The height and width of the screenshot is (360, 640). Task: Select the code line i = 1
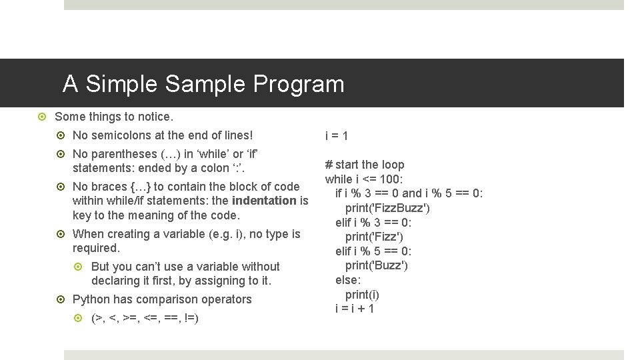(337, 136)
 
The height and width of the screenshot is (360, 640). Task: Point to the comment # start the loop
(365, 165)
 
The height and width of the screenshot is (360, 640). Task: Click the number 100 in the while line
(391, 179)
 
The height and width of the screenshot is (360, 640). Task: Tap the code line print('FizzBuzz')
(387, 208)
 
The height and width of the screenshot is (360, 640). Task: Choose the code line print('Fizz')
(374, 237)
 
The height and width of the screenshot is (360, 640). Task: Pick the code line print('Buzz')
(376, 265)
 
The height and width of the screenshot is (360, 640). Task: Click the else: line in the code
(348, 280)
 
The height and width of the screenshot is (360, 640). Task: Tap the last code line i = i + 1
(355, 309)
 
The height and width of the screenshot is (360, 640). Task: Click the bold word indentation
(264, 201)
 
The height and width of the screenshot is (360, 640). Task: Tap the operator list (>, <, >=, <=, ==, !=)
(145, 319)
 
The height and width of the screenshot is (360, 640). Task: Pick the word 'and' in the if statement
(412, 193)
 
